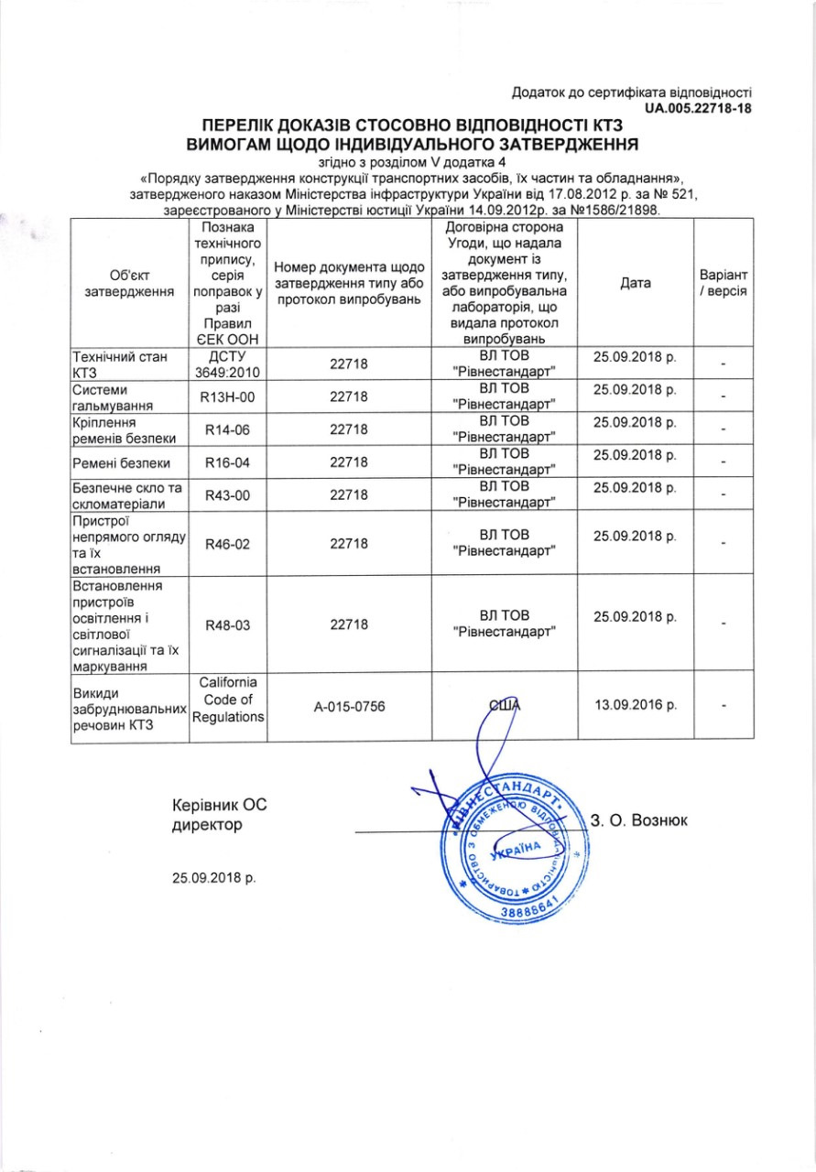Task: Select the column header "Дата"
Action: tap(636, 283)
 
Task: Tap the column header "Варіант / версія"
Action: tap(724, 283)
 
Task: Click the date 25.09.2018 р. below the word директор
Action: tap(214, 877)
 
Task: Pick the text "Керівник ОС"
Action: tap(220, 806)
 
